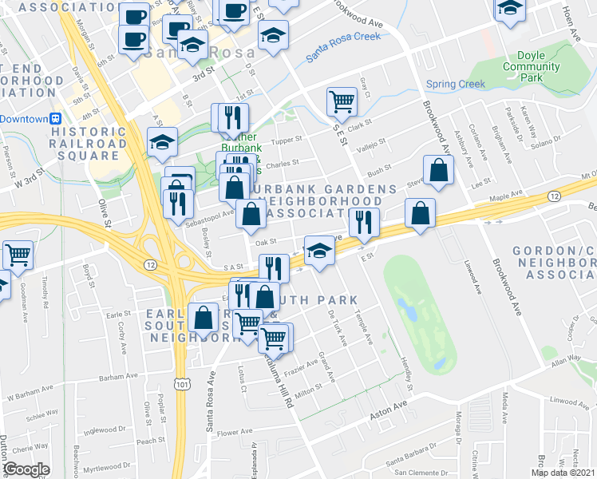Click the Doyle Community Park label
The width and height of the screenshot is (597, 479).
531,66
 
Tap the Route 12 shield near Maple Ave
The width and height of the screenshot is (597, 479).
553,196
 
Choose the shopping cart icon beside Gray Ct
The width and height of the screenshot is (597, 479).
342,101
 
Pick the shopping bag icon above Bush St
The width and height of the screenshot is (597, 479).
439,169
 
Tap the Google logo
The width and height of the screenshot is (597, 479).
26,469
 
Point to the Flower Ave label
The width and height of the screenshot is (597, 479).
235,433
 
